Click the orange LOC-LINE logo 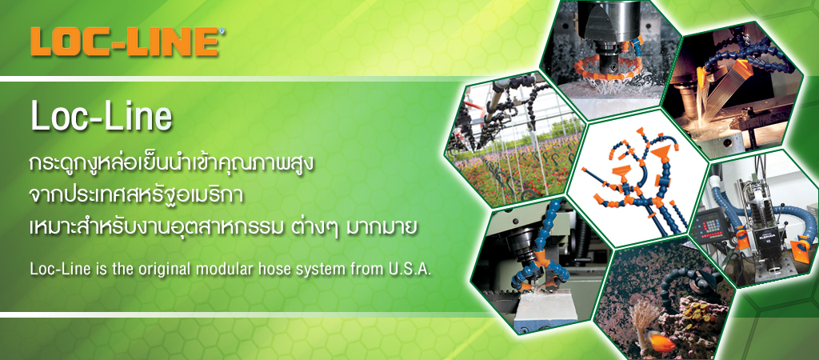(124, 42)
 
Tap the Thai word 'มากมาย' (388, 228)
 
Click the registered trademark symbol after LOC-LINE (222, 32)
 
